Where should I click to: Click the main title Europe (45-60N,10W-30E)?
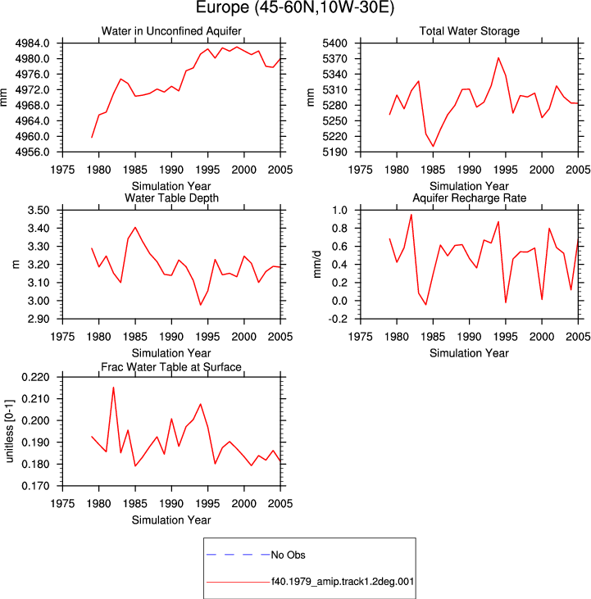pyautogui.click(x=295, y=7)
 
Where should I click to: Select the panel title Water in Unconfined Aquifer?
pyautogui.click(x=171, y=31)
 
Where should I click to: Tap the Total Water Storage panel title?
pyautogui.click(x=469, y=31)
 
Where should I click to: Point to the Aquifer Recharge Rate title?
pyautogui.click(x=469, y=197)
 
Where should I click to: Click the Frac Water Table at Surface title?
pyautogui.click(x=171, y=367)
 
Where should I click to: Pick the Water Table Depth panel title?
pyautogui.click(x=171, y=197)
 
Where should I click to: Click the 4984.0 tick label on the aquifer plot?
pyautogui.click(x=33, y=43)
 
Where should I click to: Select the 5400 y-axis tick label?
pyautogui.click(x=334, y=43)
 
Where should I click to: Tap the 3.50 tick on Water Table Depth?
pyautogui.click(x=39, y=210)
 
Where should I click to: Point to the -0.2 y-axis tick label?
pyautogui.click(x=338, y=319)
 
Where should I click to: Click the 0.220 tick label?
pyautogui.click(x=35, y=377)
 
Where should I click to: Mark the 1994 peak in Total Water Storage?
pyautogui.click(x=498, y=57)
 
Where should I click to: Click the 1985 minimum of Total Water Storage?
pyautogui.click(x=434, y=147)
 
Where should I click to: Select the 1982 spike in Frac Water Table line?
pyautogui.click(x=113, y=388)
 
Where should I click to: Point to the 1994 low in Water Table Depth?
pyautogui.click(x=201, y=305)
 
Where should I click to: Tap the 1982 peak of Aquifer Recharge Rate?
pyautogui.click(x=411, y=215)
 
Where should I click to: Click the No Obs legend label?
pyautogui.click(x=288, y=555)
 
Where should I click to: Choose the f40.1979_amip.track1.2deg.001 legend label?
pyautogui.click(x=343, y=582)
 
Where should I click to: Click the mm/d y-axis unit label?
pyautogui.click(x=317, y=265)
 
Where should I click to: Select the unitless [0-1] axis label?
pyautogui.click(x=9, y=431)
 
